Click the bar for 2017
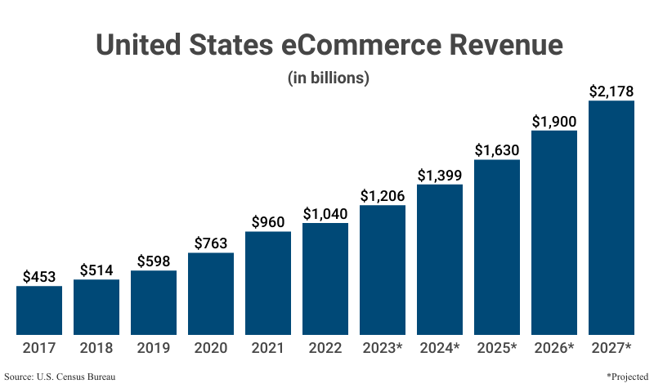click(x=39, y=310)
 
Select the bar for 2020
click(x=211, y=294)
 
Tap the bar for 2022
click(x=325, y=279)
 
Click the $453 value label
click(x=39, y=276)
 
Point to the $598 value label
click(x=154, y=261)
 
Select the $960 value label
click(x=268, y=221)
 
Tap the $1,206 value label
click(x=383, y=195)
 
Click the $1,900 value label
click(x=554, y=121)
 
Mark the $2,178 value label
click(x=611, y=91)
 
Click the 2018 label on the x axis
click(x=96, y=348)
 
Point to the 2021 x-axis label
click(x=268, y=348)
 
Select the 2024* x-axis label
click(x=440, y=348)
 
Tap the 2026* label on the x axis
click(x=554, y=348)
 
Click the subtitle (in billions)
click(x=329, y=78)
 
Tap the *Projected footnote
click(x=627, y=377)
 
